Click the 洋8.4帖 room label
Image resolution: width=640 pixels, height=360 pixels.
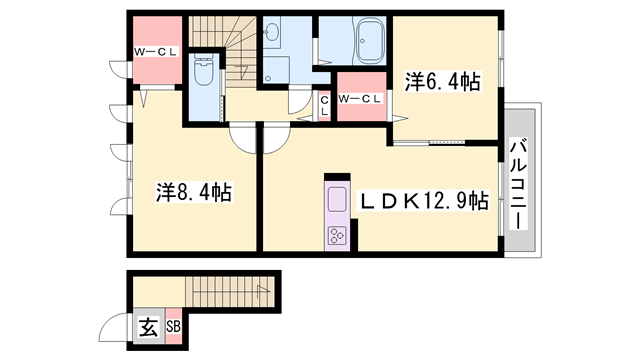pos(194,192)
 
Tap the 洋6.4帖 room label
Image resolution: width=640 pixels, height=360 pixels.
pos(442,82)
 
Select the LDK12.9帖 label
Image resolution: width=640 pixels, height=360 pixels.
pos(423,200)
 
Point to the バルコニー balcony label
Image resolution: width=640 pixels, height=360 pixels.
pos(518,184)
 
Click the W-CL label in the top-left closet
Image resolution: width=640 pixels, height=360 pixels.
pos(157,52)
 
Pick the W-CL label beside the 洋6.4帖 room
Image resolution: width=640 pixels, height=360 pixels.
pos(360,98)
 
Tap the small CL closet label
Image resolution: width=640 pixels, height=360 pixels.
pos(324,106)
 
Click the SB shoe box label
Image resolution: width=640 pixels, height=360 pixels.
pos(173,327)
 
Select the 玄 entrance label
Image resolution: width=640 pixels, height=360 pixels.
pos(149,327)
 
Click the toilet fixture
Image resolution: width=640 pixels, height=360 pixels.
pos(203,69)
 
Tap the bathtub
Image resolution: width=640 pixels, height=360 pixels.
pos(370,40)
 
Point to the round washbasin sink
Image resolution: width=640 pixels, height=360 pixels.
pos(271,31)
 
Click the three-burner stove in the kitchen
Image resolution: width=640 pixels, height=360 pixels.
pos(338,236)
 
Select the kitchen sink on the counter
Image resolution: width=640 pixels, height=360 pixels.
pos(338,200)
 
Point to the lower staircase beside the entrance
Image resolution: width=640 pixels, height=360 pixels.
pos(230,292)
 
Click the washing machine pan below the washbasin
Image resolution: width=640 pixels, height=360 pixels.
pos(276,70)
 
